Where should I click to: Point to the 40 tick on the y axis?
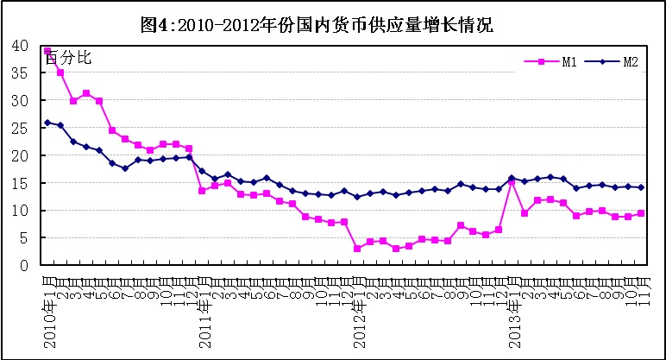click(20, 46)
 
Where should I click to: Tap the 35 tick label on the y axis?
click(20, 73)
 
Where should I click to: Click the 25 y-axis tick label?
click(20, 128)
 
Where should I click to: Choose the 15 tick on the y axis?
click(20, 183)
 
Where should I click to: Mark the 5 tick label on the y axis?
click(24, 238)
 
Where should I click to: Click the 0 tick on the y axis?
click(24, 266)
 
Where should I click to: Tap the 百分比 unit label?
click(68, 59)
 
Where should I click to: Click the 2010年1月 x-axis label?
click(48, 310)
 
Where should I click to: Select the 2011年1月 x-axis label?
click(203, 310)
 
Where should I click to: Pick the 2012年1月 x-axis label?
click(357, 310)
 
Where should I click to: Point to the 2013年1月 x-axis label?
click(512, 310)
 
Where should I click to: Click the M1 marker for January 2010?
click(47, 51)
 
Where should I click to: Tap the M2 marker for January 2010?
click(47, 123)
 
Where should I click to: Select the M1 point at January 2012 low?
click(357, 249)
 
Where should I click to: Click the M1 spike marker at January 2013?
click(512, 182)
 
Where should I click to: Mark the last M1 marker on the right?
click(641, 213)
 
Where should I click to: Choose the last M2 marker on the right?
click(641, 187)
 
